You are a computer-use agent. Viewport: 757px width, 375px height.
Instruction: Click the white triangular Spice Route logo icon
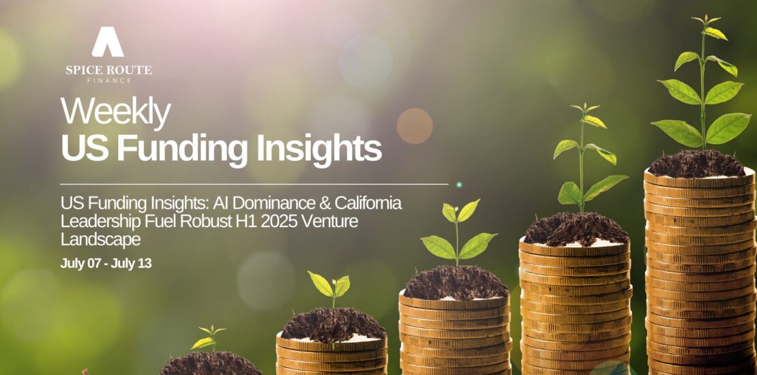click(x=108, y=42)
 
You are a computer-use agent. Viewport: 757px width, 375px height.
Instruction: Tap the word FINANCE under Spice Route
click(x=108, y=80)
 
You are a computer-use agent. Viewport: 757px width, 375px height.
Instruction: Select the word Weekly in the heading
click(x=116, y=112)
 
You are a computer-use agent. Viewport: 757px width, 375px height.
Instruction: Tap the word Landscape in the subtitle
click(x=100, y=240)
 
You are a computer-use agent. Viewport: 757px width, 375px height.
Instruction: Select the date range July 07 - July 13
click(x=106, y=263)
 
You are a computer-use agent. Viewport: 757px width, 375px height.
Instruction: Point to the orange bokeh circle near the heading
click(x=415, y=126)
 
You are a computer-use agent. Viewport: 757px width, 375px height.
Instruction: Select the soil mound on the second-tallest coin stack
click(x=576, y=229)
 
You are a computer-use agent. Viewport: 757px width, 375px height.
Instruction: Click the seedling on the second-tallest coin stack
click(x=587, y=157)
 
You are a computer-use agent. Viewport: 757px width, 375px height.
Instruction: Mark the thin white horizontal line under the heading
click(x=254, y=184)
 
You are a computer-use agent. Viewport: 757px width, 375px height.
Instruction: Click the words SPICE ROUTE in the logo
click(x=108, y=70)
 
